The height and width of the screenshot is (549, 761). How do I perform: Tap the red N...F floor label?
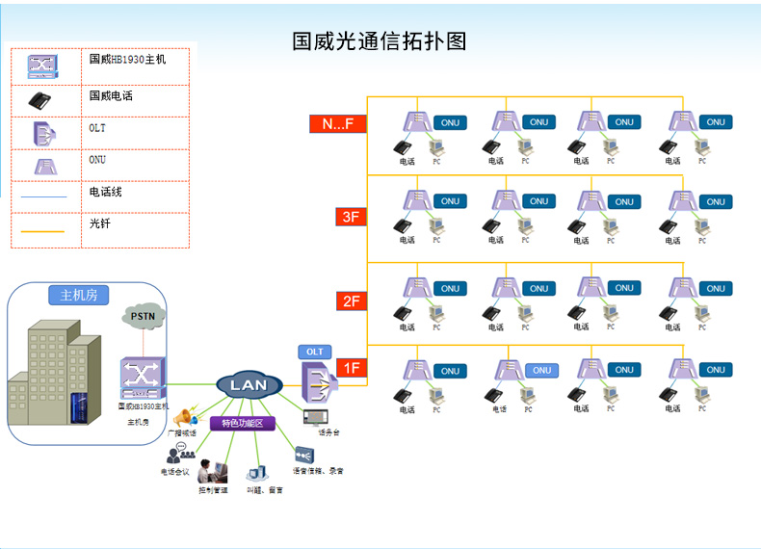[337, 123]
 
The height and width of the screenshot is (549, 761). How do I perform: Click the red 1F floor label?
[353, 368]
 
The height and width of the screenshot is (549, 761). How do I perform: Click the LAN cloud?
[248, 385]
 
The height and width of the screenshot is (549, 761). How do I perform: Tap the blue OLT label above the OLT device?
[315, 352]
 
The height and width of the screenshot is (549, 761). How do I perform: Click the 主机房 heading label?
[79, 296]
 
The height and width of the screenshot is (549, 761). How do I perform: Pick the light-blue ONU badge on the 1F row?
[542, 370]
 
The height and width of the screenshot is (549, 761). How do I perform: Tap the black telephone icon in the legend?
[40, 99]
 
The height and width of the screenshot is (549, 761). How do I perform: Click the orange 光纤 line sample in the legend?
[41, 231]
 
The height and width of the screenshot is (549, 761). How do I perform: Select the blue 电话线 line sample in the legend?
[41, 196]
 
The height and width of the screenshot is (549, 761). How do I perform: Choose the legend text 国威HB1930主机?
[127, 59]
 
